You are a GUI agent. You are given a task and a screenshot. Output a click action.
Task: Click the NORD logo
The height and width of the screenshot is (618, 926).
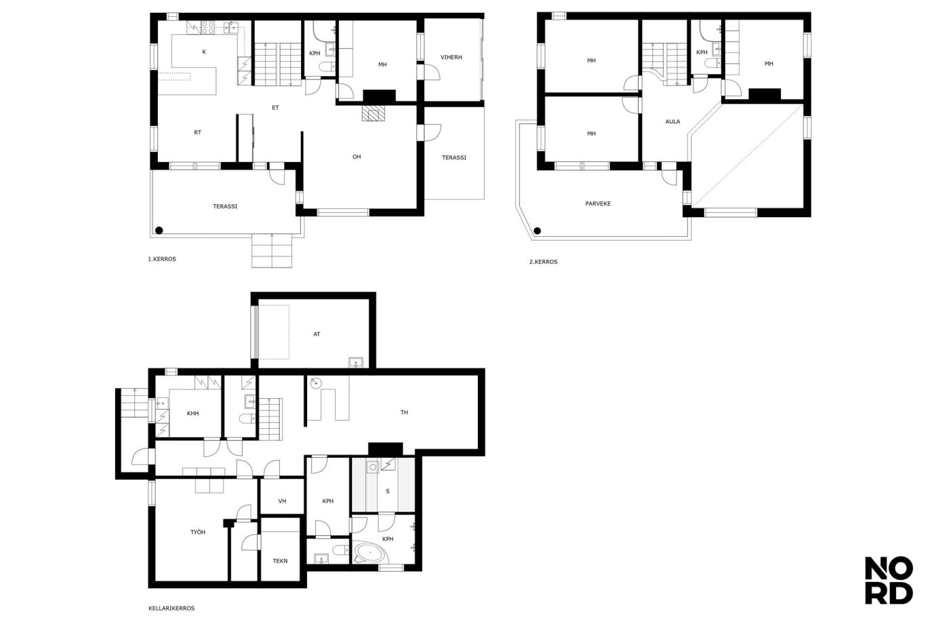coord(889,581)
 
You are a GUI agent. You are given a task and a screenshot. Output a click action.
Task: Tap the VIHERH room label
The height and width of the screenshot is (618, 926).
coord(451,57)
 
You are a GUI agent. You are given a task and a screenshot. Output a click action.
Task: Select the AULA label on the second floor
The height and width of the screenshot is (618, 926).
coord(672,121)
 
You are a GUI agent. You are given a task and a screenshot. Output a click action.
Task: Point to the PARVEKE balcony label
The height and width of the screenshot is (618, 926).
coord(598,204)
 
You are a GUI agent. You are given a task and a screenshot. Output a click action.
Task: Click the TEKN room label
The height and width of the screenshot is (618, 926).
coord(280,561)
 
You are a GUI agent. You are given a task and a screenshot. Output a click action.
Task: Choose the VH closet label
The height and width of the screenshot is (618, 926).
coord(282,501)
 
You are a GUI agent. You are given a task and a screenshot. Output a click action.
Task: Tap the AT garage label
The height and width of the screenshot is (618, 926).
coord(317,334)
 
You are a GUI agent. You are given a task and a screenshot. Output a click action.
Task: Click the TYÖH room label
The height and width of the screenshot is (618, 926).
coord(197,532)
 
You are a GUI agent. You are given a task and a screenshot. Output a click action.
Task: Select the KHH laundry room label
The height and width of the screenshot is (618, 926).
coord(193,413)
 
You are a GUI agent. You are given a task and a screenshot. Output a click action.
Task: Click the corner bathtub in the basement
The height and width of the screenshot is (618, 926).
coord(369,553)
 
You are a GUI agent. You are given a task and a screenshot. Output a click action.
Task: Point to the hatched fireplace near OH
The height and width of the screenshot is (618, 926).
coord(374,113)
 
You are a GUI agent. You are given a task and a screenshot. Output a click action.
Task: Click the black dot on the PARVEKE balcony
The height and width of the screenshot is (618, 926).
coord(537,231)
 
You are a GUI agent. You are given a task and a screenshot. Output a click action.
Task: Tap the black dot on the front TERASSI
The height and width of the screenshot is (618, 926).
coord(159,231)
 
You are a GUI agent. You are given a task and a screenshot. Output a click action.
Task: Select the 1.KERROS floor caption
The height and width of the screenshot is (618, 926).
coord(162,259)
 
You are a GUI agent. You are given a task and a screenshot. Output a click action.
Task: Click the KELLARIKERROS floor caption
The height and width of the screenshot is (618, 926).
coord(172,608)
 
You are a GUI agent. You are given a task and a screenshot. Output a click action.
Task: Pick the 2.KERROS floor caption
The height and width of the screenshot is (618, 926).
coord(543,262)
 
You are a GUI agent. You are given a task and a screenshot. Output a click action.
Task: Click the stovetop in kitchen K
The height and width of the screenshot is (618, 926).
coord(207,27)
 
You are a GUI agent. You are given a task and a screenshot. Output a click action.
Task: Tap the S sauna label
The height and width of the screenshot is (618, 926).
coord(387,491)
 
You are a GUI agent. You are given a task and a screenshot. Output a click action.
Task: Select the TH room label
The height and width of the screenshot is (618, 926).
coord(404,412)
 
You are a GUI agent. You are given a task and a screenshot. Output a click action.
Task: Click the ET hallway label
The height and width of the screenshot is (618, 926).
coord(275,108)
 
